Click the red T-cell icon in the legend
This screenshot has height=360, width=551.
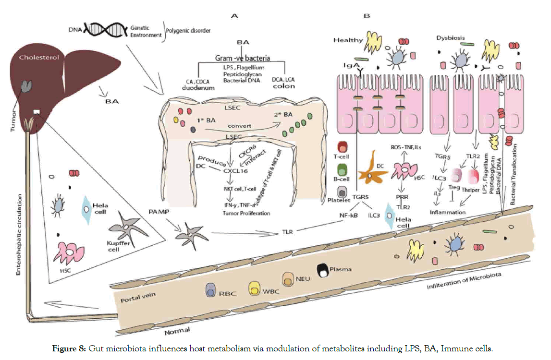point(343,147)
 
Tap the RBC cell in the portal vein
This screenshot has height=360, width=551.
point(211,289)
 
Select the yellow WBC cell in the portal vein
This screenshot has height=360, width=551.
point(255,288)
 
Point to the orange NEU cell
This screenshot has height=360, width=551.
point(289,278)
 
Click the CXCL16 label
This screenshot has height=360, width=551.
point(235,169)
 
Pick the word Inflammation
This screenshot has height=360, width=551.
point(448,212)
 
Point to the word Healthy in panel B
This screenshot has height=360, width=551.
point(348,40)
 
